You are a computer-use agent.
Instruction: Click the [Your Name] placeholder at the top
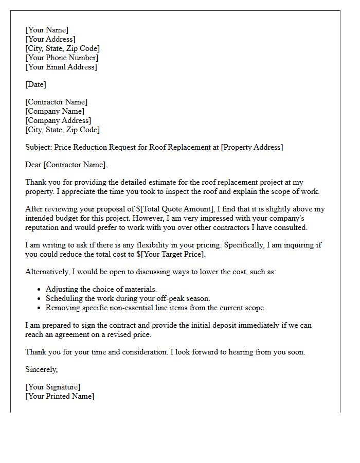(47, 30)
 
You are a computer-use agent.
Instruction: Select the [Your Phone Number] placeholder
(61, 58)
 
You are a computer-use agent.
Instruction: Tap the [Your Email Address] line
(61, 67)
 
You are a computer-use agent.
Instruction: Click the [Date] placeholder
(35, 84)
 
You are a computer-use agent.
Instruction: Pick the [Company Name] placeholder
(55, 111)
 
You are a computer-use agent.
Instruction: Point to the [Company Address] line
(58, 120)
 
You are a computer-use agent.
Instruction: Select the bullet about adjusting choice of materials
(101, 289)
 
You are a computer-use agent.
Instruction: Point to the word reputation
(44, 227)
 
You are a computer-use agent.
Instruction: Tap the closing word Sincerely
(41, 369)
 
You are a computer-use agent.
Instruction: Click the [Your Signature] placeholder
(52, 387)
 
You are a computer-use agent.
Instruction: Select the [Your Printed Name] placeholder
(60, 396)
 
